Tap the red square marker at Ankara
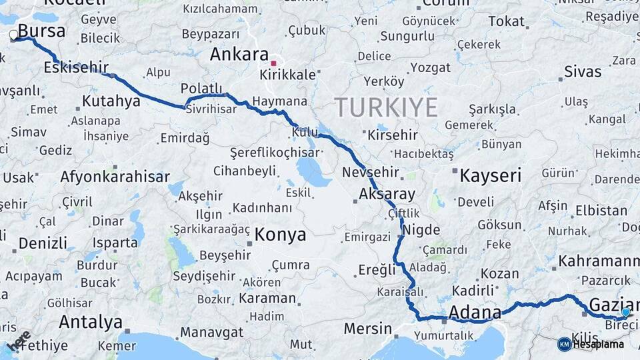(x=273, y=64)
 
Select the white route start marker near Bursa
(x=13, y=35)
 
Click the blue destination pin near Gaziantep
(x=625, y=311)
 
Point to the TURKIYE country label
(x=386, y=107)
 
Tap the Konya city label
(x=280, y=235)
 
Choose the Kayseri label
(x=491, y=176)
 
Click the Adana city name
(x=475, y=312)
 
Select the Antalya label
(x=91, y=322)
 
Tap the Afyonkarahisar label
(x=115, y=177)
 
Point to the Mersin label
(x=368, y=329)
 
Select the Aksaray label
(x=387, y=195)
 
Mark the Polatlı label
(x=201, y=89)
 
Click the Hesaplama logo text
(x=599, y=344)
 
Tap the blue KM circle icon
(x=565, y=344)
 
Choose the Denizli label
(x=43, y=243)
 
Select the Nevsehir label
(x=371, y=172)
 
